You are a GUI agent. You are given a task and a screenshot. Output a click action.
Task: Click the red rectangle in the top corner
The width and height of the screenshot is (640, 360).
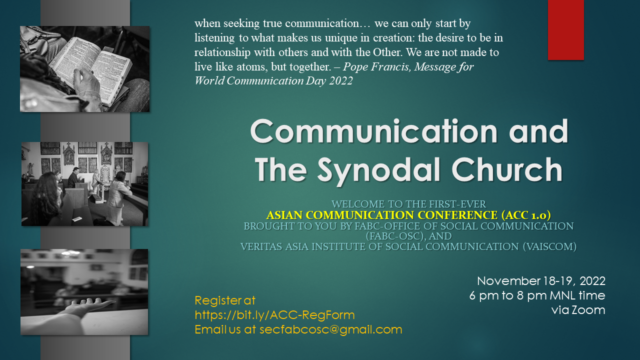565,29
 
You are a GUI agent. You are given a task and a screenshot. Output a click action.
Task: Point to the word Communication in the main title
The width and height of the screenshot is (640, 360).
374,131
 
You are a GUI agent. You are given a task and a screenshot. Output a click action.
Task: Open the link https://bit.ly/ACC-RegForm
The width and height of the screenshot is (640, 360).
274,315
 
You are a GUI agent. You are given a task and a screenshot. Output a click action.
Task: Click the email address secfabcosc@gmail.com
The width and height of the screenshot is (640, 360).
331,329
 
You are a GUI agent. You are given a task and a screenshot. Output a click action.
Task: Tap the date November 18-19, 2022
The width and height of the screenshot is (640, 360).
541,281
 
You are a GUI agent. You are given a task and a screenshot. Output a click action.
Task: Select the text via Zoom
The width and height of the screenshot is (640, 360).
578,310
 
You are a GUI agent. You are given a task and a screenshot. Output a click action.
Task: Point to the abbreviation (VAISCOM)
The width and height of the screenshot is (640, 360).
549,246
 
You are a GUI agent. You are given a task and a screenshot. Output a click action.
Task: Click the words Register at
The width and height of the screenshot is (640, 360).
225,300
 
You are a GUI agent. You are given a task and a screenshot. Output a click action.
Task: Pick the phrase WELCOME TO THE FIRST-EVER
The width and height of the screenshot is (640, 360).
408,204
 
